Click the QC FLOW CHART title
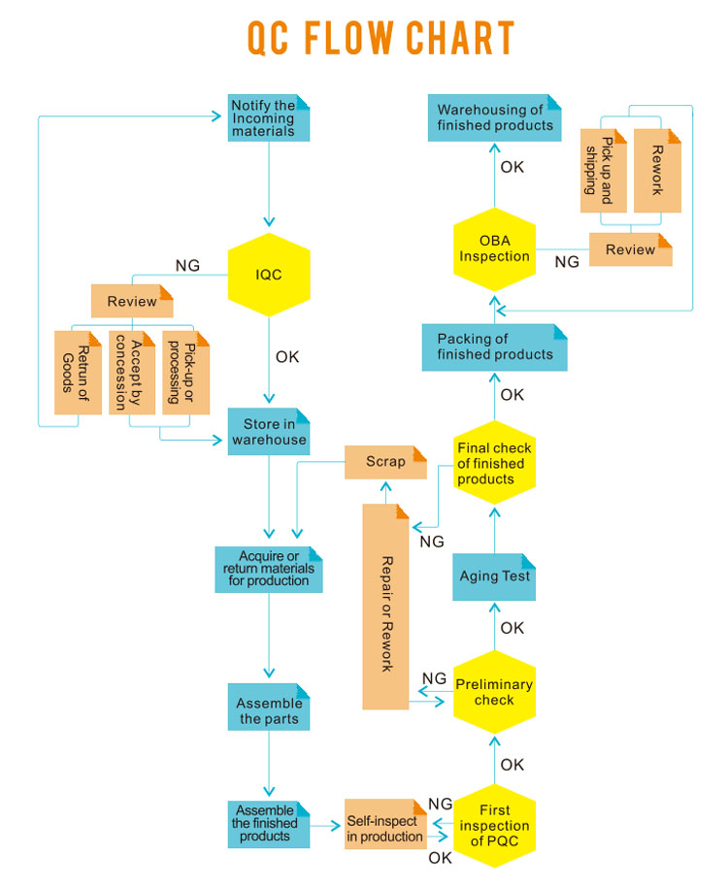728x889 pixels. [380, 39]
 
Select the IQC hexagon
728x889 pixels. [269, 275]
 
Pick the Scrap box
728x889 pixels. [385, 462]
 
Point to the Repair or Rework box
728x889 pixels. [386, 606]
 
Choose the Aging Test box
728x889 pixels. [495, 576]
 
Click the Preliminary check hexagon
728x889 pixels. [494, 692]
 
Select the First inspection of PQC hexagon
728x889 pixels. [494, 826]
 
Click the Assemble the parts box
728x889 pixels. [269, 711]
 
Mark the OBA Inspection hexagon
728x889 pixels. [494, 249]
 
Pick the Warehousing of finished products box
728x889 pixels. [495, 117]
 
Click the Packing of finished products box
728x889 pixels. [495, 347]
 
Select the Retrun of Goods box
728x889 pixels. [78, 373]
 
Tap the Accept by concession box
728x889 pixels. [131, 373]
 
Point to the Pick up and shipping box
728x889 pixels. [603, 170]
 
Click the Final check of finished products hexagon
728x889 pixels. [494, 463]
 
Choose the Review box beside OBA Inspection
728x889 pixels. [630, 249]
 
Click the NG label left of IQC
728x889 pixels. [187, 265]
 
